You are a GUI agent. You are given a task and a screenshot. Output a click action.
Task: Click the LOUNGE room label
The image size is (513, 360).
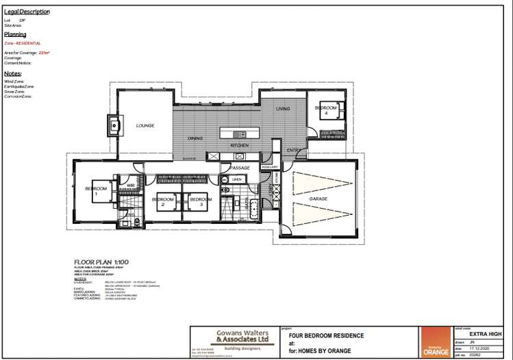pos(145,126)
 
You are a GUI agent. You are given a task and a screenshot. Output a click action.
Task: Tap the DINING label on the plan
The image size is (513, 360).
pos(195,139)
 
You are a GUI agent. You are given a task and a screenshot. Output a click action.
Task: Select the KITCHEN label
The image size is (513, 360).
pos(239,146)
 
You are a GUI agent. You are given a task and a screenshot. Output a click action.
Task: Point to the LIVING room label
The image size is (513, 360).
pos(283,109)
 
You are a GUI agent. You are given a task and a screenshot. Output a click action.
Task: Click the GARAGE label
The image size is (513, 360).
pos(318,198)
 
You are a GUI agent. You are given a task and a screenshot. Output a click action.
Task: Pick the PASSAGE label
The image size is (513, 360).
pos(240,167)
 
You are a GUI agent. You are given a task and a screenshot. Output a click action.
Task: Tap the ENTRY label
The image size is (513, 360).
pos(293,150)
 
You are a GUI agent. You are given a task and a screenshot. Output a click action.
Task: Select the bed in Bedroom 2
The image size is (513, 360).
pos(163,203)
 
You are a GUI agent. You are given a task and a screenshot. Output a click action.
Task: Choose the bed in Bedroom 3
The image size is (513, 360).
pos(201,203)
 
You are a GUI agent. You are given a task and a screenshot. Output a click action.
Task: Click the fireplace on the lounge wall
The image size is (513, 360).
pos(112,126)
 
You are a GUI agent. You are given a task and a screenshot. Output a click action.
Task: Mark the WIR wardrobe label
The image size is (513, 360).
pos(129,185)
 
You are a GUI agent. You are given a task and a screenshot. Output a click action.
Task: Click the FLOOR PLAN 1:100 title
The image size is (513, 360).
pos(101,262)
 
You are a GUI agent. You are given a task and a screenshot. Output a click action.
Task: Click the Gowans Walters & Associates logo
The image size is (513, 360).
pos(234,337)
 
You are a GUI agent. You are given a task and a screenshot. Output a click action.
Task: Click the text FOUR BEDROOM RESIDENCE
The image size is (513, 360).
pos(326,335)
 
